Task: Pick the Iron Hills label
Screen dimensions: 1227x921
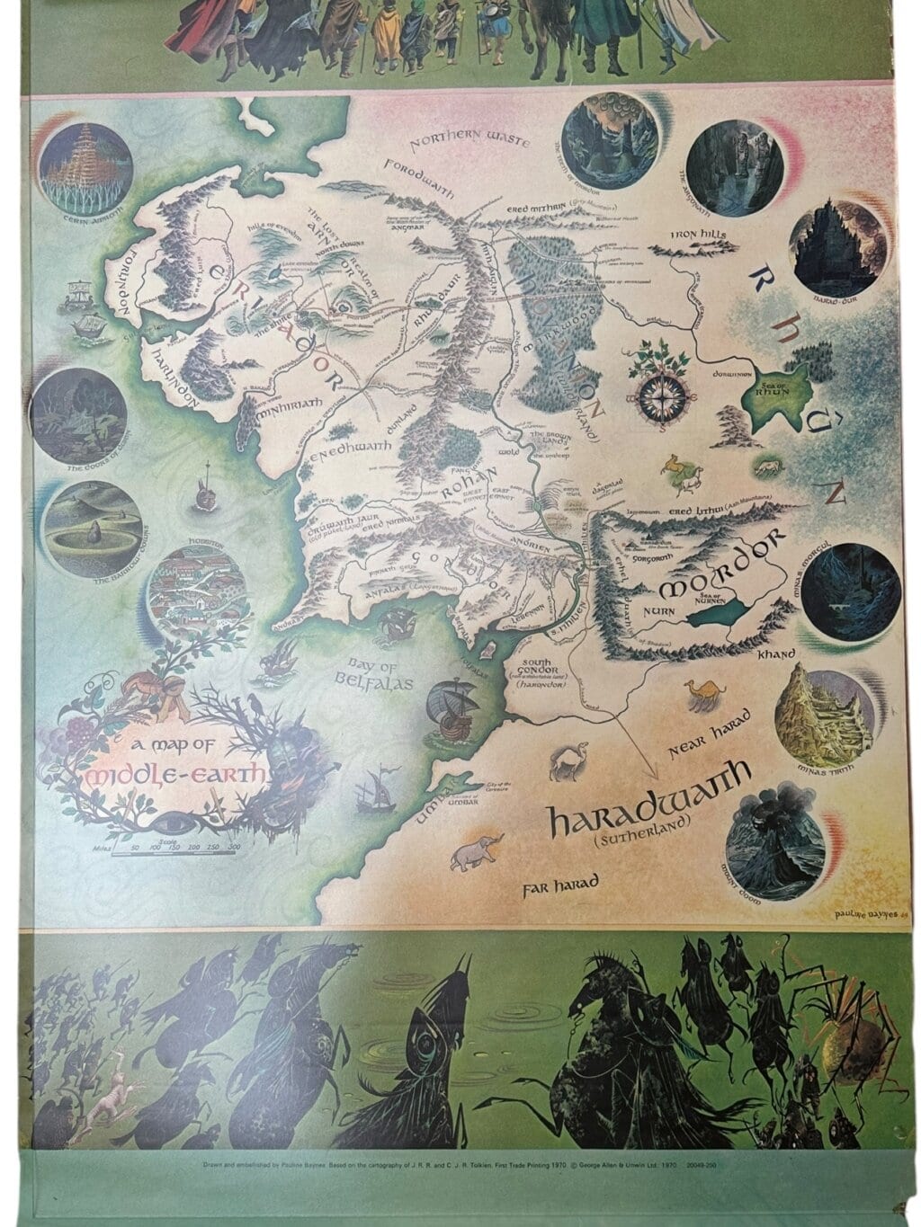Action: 704,236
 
